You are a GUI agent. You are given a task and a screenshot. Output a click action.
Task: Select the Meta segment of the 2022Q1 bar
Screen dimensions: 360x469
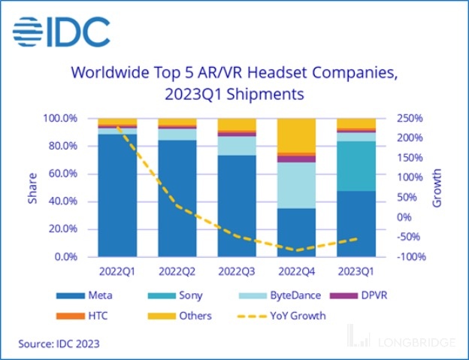pyautogui.click(x=117, y=195)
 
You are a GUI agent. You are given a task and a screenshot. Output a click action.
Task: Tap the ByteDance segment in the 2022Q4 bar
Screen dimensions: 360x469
pyautogui.click(x=296, y=185)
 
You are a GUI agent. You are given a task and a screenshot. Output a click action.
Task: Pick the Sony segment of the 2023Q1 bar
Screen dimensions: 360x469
pyautogui.click(x=356, y=165)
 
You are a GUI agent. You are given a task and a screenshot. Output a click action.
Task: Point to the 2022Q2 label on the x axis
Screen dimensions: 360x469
pyautogui.click(x=177, y=268)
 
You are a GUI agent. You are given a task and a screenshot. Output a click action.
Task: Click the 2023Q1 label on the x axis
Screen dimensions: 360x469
pyautogui.click(x=356, y=268)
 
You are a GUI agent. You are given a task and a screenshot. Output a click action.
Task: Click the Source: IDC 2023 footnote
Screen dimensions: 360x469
pyautogui.click(x=59, y=343)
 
